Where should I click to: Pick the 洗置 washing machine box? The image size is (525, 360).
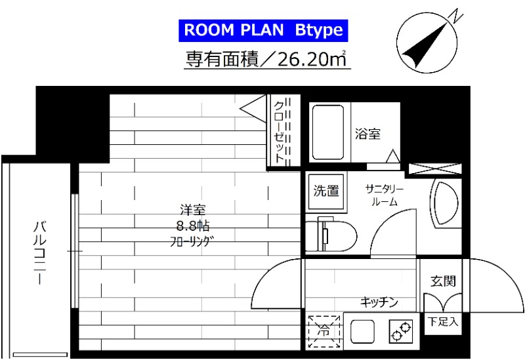[x=326, y=191]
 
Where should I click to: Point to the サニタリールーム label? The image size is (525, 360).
[x=385, y=195]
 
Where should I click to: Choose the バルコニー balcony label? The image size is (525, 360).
[x=39, y=253]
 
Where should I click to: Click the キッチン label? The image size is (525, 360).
[x=379, y=302]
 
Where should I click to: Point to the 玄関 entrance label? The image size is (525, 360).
[x=443, y=281]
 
